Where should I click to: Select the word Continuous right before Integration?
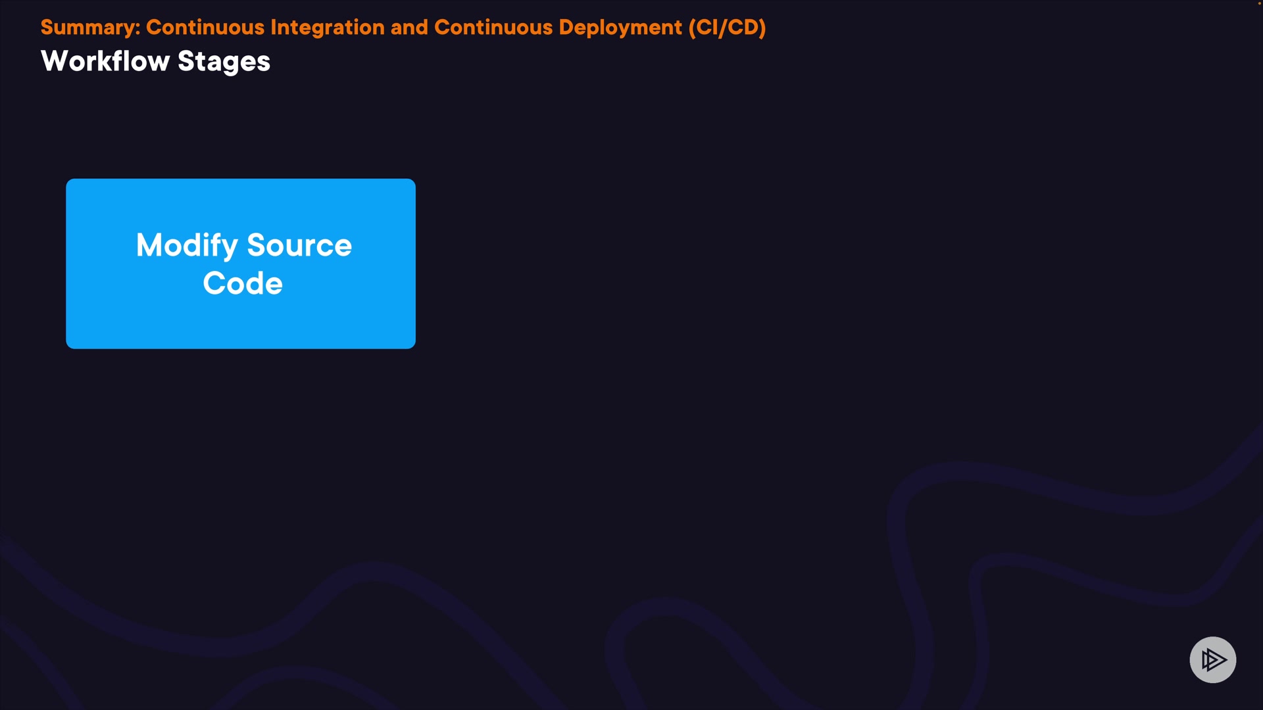205,27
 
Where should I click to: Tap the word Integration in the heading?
328,28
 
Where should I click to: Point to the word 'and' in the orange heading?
409,27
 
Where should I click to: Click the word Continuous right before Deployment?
493,27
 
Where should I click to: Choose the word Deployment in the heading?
620,28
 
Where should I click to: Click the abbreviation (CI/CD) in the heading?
727,28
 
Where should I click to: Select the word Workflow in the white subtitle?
105,61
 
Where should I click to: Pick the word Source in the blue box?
299,245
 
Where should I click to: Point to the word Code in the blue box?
243,283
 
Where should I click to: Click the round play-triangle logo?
1213,659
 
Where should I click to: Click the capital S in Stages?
187,61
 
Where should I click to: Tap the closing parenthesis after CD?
762,28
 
